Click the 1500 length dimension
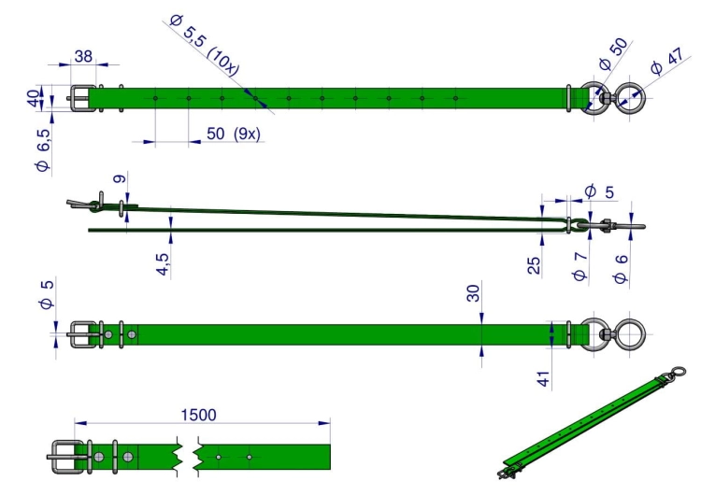[198, 415]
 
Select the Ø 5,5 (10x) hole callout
[205, 45]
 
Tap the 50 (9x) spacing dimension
[233, 134]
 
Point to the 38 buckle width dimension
[83, 56]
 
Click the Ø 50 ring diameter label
[613, 53]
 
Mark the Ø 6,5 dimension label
[43, 149]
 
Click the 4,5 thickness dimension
[163, 264]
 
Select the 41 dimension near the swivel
[544, 379]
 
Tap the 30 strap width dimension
[473, 293]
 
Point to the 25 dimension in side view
[534, 265]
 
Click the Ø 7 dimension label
[579, 266]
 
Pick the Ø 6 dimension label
[621, 269]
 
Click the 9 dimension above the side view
[119, 178]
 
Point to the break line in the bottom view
[188, 457]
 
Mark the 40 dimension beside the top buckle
[33, 98]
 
